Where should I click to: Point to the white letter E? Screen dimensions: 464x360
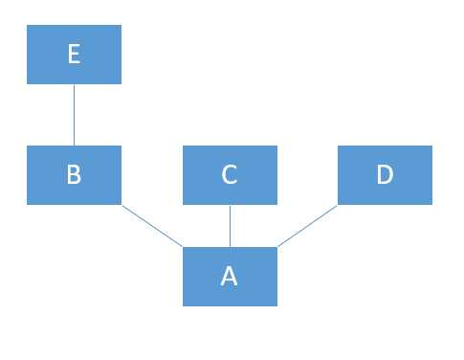[74, 55]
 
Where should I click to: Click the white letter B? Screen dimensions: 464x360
[74, 175]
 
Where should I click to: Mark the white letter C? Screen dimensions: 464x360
[230, 175]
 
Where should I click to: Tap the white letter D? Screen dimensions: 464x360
[385, 175]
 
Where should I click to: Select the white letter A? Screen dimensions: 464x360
[230, 277]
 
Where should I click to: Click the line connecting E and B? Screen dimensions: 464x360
[74, 115]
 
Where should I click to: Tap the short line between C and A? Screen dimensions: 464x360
[230, 226]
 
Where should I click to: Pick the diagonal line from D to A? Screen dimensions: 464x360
[307, 226]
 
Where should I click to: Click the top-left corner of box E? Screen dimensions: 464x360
[28, 27]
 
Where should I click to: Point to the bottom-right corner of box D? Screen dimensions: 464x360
[431, 204]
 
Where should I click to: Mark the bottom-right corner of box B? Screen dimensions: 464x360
[121, 204]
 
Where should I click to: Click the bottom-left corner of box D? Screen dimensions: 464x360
[339, 204]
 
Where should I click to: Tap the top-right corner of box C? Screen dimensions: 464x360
[276, 146]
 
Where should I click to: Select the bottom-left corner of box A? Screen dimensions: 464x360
[184, 305]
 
